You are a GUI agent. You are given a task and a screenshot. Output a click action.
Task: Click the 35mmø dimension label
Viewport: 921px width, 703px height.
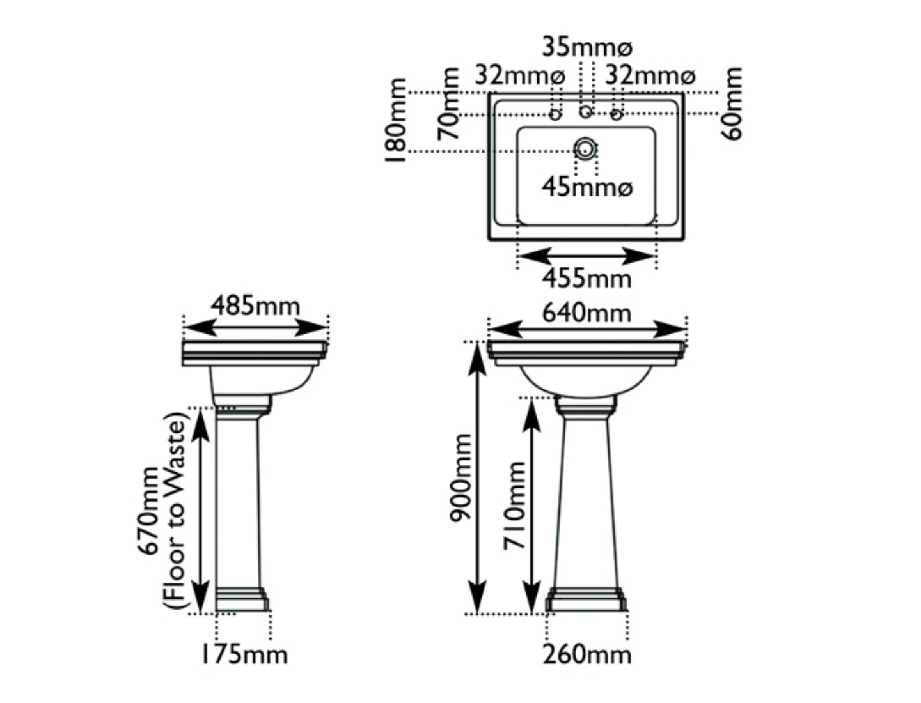pyautogui.click(x=587, y=47)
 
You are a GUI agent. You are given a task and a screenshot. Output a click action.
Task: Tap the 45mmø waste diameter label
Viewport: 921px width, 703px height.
pyautogui.click(x=587, y=187)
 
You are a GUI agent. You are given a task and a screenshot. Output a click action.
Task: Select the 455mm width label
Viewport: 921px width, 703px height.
pyautogui.click(x=587, y=279)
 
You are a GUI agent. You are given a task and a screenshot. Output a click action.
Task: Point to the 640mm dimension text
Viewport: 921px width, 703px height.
pyautogui.click(x=587, y=313)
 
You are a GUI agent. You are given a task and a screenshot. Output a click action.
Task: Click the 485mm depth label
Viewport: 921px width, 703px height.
pyautogui.click(x=255, y=305)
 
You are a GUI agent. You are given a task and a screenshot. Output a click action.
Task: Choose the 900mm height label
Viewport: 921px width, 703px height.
pyautogui.click(x=460, y=477)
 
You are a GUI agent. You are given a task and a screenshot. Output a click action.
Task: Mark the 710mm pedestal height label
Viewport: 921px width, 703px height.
pyautogui.click(x=514, y=505)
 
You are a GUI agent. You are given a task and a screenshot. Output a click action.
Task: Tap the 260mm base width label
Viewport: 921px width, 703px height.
pyautogui.click(x=587, y=654)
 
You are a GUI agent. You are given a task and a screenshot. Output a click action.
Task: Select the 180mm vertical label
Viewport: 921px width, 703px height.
pyautogui.click(x=397, y=121)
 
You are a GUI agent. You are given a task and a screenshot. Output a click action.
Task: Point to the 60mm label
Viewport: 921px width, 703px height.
pyautogui.click(x=733, y=103)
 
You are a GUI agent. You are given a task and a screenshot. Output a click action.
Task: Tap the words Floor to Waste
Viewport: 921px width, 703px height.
pyautogui.click(x=177, y=511)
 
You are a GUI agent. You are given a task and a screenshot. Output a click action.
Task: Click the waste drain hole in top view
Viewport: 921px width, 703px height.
pyautogui.click(x=585, y=150)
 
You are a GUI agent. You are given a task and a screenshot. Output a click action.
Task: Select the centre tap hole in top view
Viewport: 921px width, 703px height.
pyautogui.click(x=585, y=113)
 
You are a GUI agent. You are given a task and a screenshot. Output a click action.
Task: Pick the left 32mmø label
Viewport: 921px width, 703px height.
pyautogui.click(x=520, y=76)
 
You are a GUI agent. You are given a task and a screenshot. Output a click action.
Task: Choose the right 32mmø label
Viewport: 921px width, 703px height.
pyautogui.click(x=650, y=76)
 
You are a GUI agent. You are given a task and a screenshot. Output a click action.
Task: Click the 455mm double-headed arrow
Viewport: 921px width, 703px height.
pyautogui.click(x=586, y=256)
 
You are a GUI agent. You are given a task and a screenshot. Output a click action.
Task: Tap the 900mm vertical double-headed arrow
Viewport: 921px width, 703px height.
pyautogui.click(x=478, y=477)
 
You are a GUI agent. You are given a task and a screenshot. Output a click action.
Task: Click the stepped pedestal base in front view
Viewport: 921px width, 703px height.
pyautogui.click(x=586, y=600)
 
